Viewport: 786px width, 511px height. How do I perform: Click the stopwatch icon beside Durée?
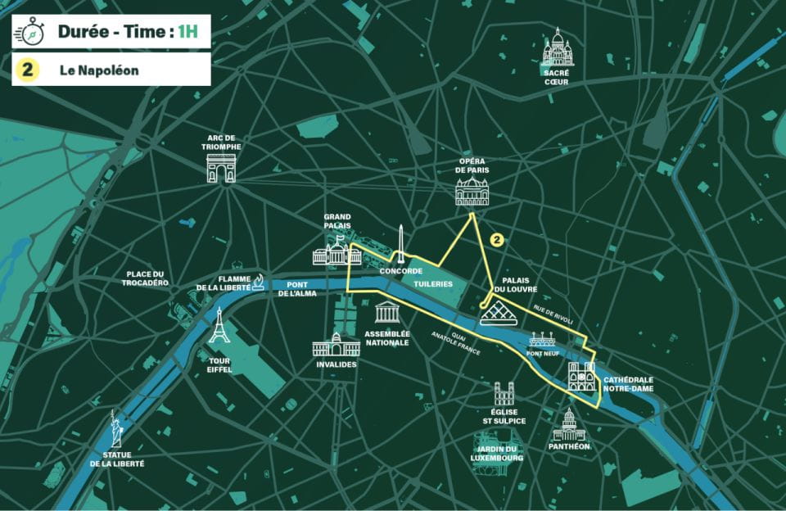click(x=31, y=33)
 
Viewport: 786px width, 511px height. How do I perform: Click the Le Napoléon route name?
click(x=98, y=70)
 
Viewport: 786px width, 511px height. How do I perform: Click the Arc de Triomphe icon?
click(x=221, y=167)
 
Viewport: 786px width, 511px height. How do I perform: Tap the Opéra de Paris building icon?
click(x=472, y=191)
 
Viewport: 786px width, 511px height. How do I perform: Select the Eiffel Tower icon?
click(x=219, y=325)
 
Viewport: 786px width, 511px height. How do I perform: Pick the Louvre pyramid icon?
click(x=497, y=313)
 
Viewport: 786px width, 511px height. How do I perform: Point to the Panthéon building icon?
click(x=568, y=424)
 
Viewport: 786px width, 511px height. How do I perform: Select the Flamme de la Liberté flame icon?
click(x=259, y=282)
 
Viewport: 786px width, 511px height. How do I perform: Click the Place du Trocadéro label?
click(x=147, y=278)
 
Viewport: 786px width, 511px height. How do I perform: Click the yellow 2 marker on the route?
click(x=495, y=240)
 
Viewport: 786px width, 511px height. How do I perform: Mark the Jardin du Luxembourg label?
click(x=496, y=454)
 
